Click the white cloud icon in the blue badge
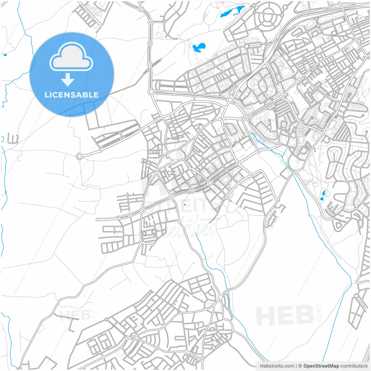(x=71, y=57)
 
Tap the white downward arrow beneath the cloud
(x=68, y=80)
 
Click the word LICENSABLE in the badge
(x=72, y=95)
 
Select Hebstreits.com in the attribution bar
(x=277, y=366)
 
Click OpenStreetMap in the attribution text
(x=321, y=366)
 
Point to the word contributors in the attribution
(x=354, y=366)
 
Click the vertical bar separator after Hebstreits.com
(x=296, y=366)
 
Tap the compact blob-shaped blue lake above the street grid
(x=199, y=47)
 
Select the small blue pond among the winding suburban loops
(x=322, y=196)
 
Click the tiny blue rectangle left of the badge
(x=5, y=55)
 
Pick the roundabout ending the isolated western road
(x=79, y=157)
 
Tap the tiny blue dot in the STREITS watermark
(x=185, y=204)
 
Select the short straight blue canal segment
(x=362, y=303)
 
